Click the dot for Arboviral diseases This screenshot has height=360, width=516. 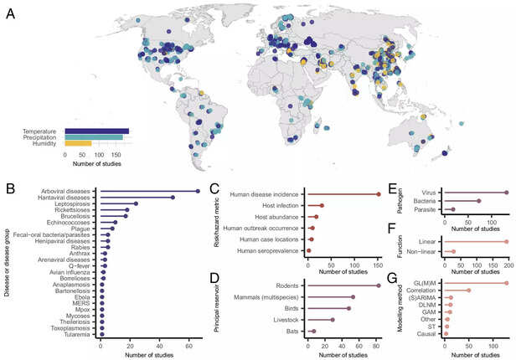tap(198, 191)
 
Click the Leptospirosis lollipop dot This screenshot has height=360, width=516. tap(136, 203)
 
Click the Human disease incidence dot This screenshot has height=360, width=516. tap(378, 194)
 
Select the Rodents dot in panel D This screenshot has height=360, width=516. tap(379, 285)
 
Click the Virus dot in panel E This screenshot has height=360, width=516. tap(507, 192)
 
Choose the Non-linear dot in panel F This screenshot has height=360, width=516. tap(453, 250)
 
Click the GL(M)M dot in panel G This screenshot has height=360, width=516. tap(507, 283)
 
